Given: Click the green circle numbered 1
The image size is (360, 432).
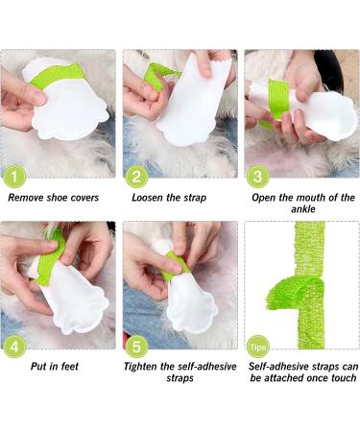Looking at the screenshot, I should tap(15, 176).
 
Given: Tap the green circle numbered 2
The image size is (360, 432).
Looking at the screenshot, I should tap(137, 176).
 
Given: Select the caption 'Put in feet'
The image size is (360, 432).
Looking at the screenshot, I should tap(58, 366).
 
